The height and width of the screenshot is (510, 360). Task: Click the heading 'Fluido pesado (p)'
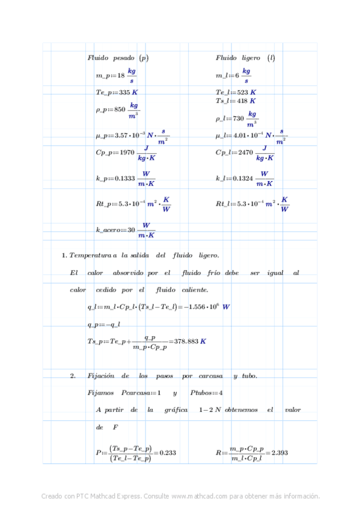click(118, 58)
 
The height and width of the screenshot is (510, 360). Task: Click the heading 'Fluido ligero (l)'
click(245, 58)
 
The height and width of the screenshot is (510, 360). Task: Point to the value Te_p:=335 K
click(117, 93)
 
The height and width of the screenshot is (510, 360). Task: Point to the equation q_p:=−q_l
click(104, 325)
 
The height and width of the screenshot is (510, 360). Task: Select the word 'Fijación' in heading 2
click(100, 376)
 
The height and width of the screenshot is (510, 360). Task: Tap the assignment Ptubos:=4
click(206, 393)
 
